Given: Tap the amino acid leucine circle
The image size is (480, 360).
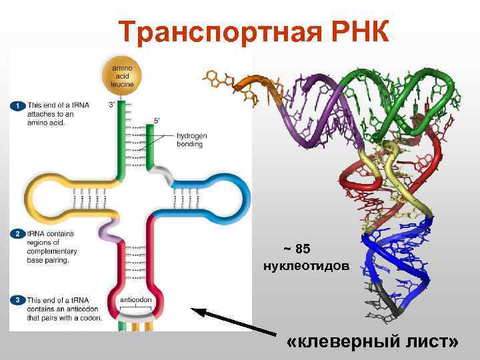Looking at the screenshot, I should click(x=123, y=75).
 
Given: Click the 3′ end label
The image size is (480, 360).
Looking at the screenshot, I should click(x=112, y=104).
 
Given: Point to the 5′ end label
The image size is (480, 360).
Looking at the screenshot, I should click(x=157, y=121).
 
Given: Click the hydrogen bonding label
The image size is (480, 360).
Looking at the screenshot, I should click(x=192, y=139).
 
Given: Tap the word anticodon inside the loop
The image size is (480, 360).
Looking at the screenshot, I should click(x=136, y=300).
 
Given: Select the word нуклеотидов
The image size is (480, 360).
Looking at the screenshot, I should click(x=305, y=266).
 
